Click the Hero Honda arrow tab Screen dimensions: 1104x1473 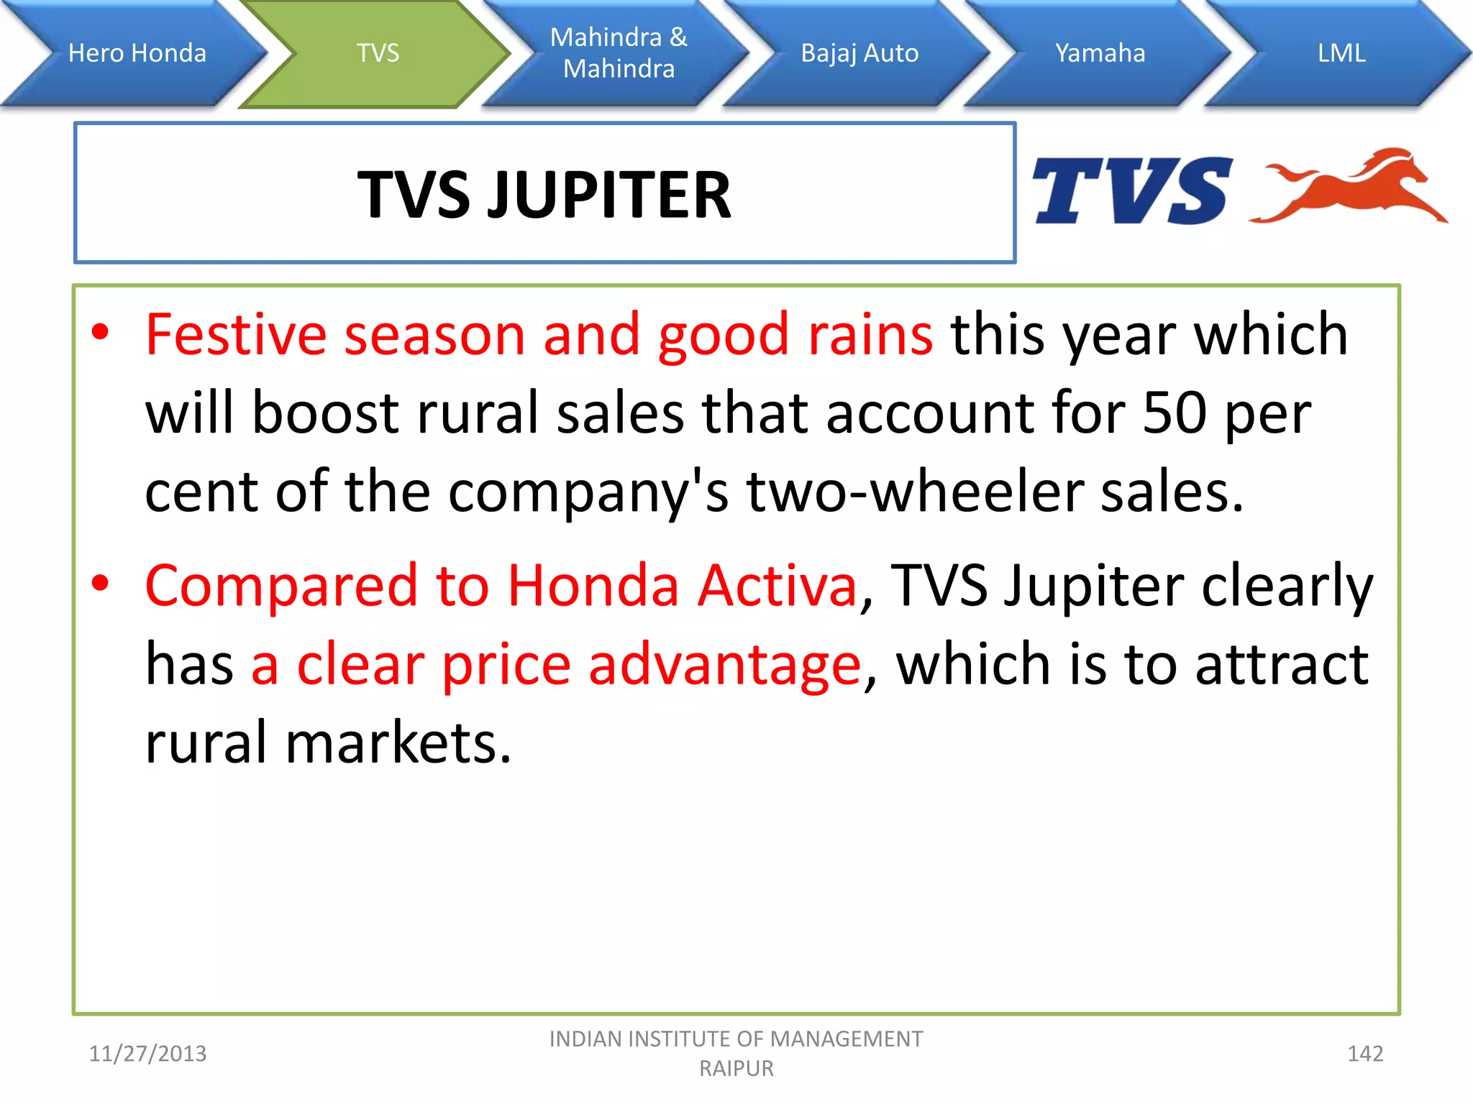(137, 53)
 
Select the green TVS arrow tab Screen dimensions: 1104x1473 (378, 53)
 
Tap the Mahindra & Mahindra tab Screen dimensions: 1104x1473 (619, 53)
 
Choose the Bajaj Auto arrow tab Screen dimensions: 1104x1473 (859, 53)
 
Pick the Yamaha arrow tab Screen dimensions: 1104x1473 (1100, 53)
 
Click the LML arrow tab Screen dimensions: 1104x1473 (1341, 53)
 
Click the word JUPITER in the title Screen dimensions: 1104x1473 (609, 195)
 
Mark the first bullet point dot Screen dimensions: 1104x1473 (101, 332)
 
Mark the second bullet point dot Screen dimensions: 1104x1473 (101, 583)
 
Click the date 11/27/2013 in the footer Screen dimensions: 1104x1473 (147, 1054)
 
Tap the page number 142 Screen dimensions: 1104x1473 (1365, 1054)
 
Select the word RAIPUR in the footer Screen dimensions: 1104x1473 (736, 1069)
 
